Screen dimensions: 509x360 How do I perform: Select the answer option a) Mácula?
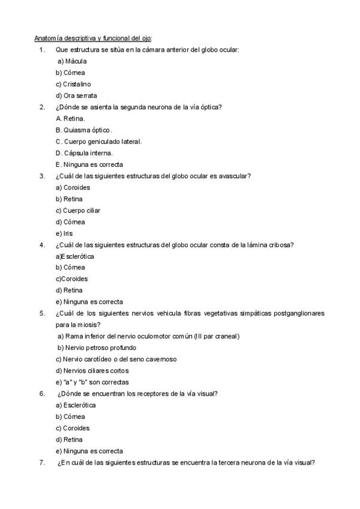tap(73, 61)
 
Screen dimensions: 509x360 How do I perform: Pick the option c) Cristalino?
tap(73, 84)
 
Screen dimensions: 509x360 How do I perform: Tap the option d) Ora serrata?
tap(76, 95)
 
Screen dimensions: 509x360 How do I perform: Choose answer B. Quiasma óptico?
tap(83, 130)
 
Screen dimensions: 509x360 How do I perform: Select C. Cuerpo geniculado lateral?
tap(98, 142)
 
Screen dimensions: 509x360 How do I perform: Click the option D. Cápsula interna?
tap(83, 153)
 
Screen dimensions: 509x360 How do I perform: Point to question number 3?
tap(42, 176)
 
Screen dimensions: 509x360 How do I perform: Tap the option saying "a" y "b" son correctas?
tap(92, 382)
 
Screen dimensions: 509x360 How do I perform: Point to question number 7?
tap(42, 462)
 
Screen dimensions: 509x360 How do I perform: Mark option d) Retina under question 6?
tap(69, 439)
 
